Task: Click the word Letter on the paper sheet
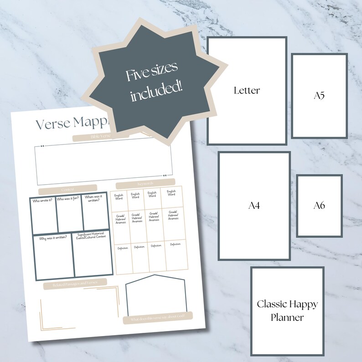247,90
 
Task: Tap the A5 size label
319,96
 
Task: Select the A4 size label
254,206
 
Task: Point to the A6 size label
319,206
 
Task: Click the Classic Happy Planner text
287,310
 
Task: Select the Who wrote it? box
43,213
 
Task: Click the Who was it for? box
69,213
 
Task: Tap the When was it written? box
95,213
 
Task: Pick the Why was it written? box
52,256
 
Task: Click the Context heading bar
67,189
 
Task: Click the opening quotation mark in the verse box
42,146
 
